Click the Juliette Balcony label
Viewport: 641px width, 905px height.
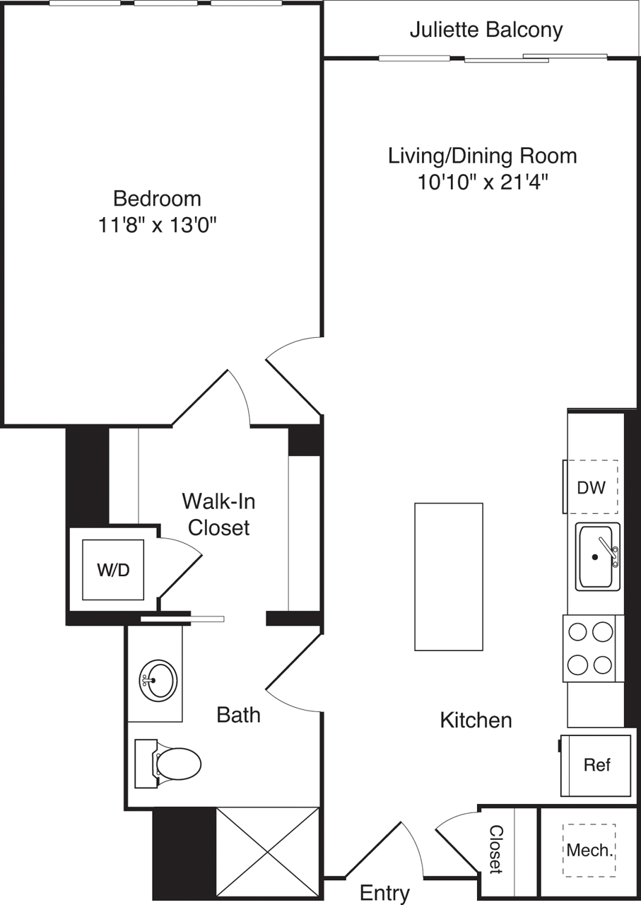(x=486, y=30)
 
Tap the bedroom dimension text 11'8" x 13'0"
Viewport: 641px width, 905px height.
(x=157, y=226)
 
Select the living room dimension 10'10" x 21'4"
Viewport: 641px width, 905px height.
(x=483, y=182)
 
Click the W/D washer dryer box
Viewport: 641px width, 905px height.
(x=114, y=570)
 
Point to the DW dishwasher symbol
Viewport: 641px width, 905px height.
(x=591, y=486)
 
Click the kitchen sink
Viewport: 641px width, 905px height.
(x=596, y=556)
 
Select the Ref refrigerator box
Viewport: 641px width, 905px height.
(x=596, y=765)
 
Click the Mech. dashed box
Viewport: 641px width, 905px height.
(x=589, y=851)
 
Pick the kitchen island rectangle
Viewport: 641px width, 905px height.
(x=449, y=577)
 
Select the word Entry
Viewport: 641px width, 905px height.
(x=384, y=892)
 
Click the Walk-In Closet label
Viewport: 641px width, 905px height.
(x=218, y=514)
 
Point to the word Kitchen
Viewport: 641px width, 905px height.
(x=476, y=720)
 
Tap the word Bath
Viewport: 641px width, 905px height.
(x=238, y=715)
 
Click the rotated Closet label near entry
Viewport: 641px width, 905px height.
(x=497, y=848)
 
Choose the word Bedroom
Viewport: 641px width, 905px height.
(x=157, y=198)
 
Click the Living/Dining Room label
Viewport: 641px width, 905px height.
(x=483, y=156)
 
